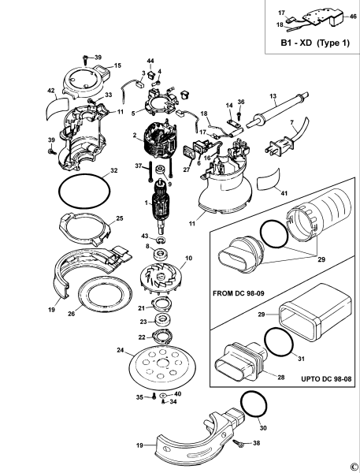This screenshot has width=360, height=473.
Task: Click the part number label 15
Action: click(118, 65)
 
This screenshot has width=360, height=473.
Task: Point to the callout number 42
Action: click(51, 91)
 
